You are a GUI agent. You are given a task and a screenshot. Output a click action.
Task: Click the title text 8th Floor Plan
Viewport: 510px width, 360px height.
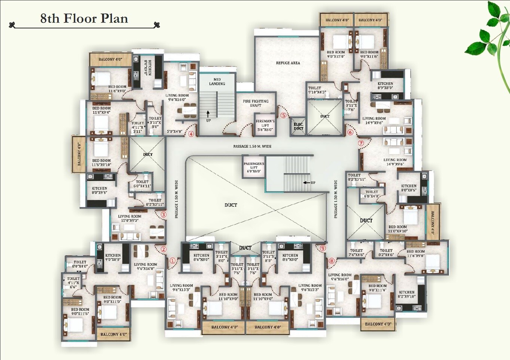coord(84,18)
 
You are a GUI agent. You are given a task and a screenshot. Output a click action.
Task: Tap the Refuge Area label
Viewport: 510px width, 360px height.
coord(288,63)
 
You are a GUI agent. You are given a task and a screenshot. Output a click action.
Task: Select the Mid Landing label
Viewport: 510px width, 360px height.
coord(217,81)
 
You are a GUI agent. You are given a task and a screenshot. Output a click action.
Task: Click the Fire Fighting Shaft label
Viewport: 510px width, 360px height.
coord(256,103)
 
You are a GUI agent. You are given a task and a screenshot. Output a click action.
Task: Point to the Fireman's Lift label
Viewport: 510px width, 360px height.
coord(265,125)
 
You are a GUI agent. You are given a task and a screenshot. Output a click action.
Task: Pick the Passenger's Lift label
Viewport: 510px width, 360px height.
coord(254,167)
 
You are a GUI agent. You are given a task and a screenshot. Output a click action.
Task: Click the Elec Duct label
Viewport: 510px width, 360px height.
coord(298,126)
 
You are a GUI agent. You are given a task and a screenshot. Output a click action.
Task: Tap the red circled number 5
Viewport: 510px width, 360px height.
coord(283,115)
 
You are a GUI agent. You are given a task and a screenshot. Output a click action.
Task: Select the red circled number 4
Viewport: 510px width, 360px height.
coord(191,134)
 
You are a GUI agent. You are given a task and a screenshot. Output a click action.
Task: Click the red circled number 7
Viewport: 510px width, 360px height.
coord(361,143)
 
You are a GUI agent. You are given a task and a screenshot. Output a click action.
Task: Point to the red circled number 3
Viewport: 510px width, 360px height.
coord(164,215)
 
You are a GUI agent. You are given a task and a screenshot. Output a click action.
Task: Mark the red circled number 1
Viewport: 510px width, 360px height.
coord(172,261)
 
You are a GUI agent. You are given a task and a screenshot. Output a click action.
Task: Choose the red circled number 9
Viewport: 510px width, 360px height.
coord(323,248)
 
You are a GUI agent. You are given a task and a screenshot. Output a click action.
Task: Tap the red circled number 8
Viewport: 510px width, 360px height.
coord(332,261)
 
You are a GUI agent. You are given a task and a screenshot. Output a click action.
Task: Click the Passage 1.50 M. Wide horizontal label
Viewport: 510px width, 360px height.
coord(252,146)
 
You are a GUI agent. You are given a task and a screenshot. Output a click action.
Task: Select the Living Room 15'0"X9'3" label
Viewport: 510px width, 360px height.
coord(129,218)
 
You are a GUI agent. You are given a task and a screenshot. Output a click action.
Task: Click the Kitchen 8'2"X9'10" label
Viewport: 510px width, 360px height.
coord(406,294)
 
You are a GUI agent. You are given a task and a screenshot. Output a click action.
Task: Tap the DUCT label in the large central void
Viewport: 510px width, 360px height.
coord(230,205)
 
